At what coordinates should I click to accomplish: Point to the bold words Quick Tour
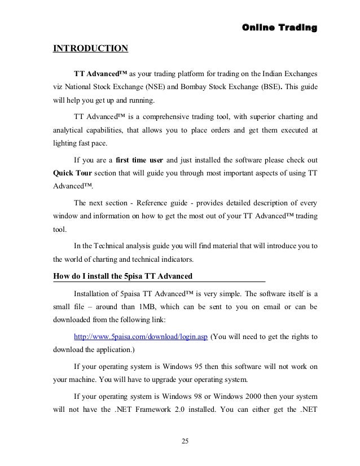72,173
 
